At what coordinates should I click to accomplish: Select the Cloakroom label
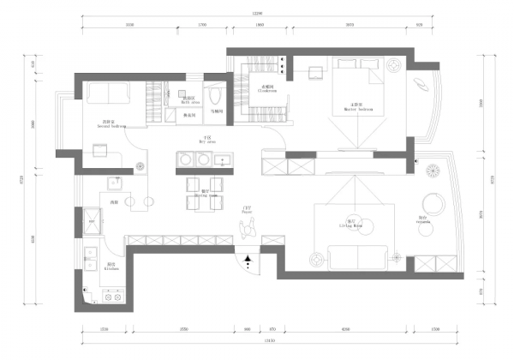tap(266, 87)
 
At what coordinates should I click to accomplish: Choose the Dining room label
tap(205, 193)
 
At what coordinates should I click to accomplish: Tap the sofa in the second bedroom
tap(107, 93)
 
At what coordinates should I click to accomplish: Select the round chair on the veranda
tap(433, 203)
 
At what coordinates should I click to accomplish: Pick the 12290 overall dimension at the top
tap(256, 13)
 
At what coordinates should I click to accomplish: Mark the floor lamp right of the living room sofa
tap(396, 256)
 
